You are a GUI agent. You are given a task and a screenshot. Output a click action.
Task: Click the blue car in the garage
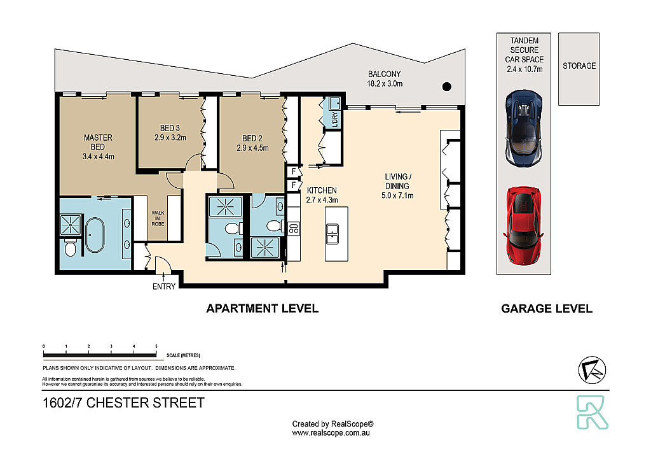(x=524, y=129)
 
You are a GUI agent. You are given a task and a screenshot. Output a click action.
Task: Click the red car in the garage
(x=523, y=225)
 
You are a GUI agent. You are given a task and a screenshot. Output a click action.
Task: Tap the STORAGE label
(x=579, y=66)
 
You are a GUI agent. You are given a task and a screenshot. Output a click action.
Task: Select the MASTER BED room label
(x=98, y=142)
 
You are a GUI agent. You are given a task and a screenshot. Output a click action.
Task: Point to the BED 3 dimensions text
(x=170, y=138)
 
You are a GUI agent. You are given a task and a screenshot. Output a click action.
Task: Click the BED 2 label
(x=252, y=138)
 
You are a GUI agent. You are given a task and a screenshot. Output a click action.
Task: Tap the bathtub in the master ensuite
(x=95, y=235)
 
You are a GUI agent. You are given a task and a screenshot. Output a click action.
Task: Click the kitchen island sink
(x=332, y=234)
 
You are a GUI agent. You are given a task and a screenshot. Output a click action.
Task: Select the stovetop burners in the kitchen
(x=294, y=229)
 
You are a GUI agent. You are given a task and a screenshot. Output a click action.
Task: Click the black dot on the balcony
(x=447, y=87)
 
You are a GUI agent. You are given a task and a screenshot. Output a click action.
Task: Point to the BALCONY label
(x=385, y=74)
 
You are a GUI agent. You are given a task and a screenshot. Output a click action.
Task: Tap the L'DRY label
(x=335, y=120)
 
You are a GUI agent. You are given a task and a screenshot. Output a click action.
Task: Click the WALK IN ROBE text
(x=158, y=218)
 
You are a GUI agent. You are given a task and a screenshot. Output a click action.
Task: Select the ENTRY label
(x=164, y=287)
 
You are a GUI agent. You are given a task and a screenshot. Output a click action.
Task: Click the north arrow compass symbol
(x=592, y=369)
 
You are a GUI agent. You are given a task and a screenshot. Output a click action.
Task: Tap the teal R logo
(x=592, y=412)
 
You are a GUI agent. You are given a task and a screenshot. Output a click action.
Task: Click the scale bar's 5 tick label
(x=156, y=346)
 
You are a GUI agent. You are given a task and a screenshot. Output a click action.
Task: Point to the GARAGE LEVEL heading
(x=547, y=308)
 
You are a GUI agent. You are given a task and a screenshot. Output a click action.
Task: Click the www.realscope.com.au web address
(x=331, y=433)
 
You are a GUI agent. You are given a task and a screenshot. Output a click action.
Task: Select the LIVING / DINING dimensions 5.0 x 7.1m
(x=397, y=195)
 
